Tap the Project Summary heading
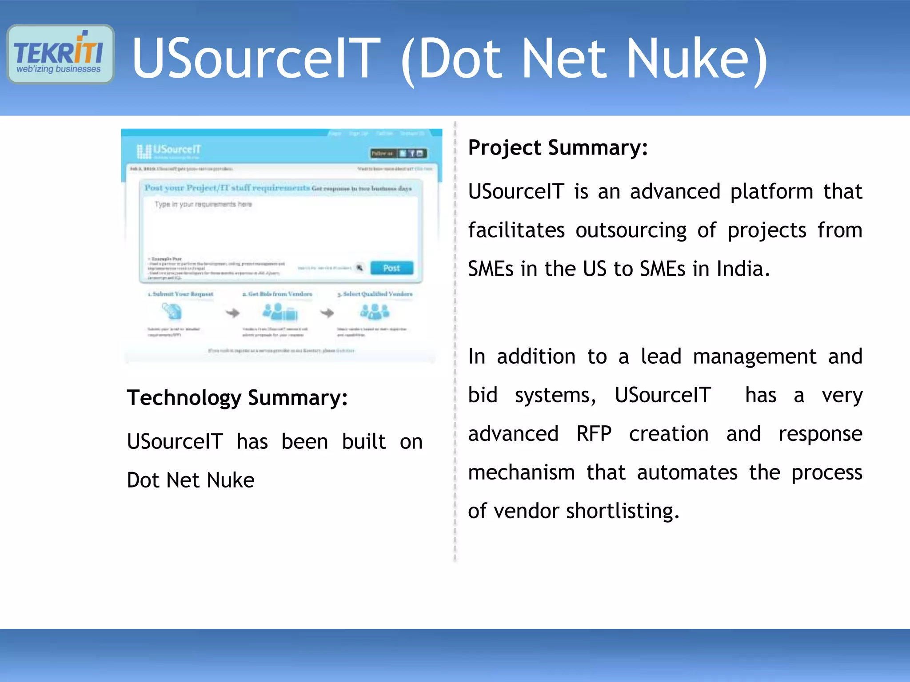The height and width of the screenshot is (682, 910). (x=558, y=147)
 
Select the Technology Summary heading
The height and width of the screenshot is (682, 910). (x=237, y=397)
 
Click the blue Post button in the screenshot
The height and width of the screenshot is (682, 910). (x=391, y=268)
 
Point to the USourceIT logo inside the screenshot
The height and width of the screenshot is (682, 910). (x=169, y=151)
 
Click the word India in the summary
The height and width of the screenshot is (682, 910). (x=742, y=269)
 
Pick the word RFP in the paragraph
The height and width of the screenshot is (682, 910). (x=594, y=434)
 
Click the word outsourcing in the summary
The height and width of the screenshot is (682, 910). (x=631, y=230)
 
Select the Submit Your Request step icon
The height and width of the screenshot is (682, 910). (x=172, y=311)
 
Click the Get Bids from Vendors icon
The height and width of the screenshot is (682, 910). (x=280, y=312)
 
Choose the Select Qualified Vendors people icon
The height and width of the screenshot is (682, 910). (x=375, y=312)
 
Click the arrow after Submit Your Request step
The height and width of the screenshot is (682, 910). (x=232, y=313)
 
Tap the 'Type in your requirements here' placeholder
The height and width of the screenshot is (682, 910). (x=203, y=204)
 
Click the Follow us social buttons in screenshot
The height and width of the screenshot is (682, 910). (x=399, y=154)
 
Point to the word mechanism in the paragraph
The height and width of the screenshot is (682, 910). (x=521, y=472)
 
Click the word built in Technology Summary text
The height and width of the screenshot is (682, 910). (x=363, y=442)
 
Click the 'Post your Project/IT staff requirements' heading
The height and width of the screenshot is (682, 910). (x=227, y=188)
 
